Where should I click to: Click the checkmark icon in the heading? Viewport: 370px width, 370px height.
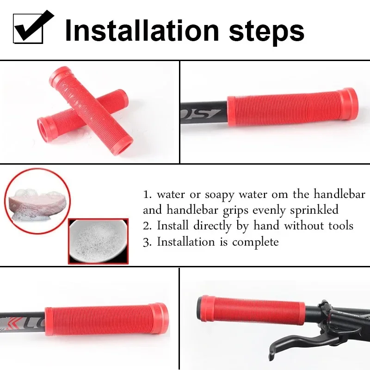32,27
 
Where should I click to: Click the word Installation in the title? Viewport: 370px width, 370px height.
142,31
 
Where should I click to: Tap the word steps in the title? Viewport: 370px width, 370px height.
267,32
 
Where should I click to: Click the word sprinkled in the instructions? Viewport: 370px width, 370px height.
314,210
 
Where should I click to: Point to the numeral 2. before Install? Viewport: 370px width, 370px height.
147,226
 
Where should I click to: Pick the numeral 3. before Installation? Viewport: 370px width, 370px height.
147,242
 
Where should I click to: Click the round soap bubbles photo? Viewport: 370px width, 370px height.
37,201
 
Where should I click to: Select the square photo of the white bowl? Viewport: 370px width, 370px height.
98,241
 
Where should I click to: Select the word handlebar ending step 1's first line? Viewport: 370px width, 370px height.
339,194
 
